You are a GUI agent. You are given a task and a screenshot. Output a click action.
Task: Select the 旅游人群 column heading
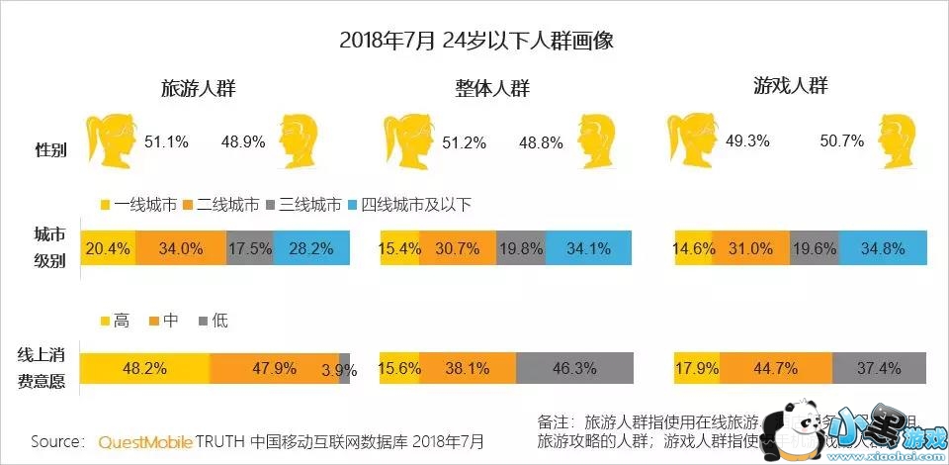coord(204,88)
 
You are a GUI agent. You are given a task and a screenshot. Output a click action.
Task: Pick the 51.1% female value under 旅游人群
coord(166,141)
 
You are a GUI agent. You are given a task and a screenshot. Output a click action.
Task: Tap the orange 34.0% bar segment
coord(180,248)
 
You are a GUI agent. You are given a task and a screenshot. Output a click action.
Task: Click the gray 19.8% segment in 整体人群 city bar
coord(520,248)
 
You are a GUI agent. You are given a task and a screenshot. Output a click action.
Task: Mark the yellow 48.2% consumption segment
coord(145,368)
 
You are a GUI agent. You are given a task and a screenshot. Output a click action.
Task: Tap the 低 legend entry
coord(214,321)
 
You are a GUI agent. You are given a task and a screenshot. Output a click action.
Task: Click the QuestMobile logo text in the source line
coord(144,440)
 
